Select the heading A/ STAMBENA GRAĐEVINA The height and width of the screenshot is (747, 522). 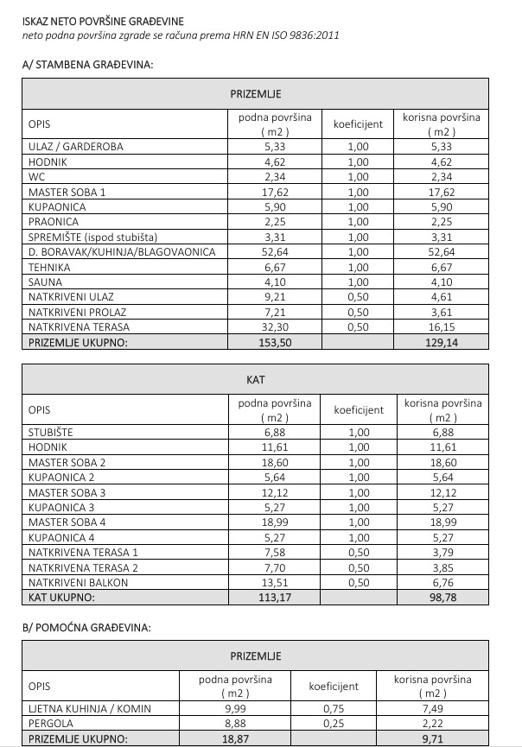click(x=88, y=65)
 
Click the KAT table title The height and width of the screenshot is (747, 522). click(x=255, y=379)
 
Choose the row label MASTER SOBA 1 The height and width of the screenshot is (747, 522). click(x=67, y=192)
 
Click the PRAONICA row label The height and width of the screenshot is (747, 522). click(x=54, y=222)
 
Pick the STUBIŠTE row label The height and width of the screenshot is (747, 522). click(x=51, y=432)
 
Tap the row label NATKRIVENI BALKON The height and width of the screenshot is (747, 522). click(x=78, y=583)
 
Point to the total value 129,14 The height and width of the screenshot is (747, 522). click(x=441, y=343)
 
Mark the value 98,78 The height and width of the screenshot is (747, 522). click(x=441, y=598)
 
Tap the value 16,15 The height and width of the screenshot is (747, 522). click(x=441, y=327)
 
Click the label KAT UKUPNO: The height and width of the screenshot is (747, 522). click(x=62, y=598)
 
